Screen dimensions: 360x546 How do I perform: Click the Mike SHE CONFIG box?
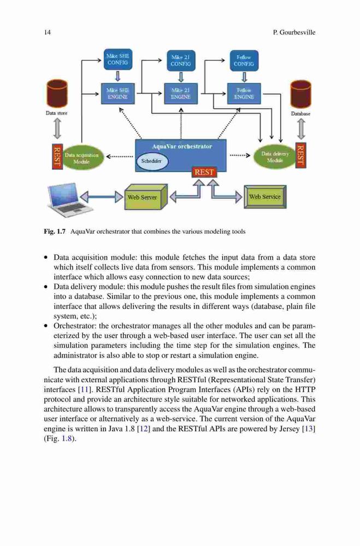[118, 59]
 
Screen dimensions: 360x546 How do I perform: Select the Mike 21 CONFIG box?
[180, 61]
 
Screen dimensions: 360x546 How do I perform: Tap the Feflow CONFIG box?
[244, 61]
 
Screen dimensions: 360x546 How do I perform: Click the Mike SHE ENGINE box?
[118, 93]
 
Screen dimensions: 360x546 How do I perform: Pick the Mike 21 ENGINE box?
[180, 93]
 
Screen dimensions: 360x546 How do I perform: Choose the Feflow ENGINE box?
[244, 93]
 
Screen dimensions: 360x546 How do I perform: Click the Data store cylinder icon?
[56, 93]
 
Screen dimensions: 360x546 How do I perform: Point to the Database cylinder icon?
[300, 94]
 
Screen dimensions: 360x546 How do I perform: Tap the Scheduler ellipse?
[152, 161]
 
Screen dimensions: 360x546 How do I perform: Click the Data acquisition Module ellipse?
[81, 158]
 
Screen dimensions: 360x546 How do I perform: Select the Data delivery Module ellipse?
[275, 157]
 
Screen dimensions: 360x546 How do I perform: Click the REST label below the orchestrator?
[204, 172]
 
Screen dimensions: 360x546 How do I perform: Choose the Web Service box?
[265, 197]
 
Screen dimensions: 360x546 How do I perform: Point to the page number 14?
[47, 32]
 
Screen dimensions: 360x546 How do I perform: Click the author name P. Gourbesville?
[294, 32]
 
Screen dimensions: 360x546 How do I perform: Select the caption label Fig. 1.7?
[55, 232]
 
